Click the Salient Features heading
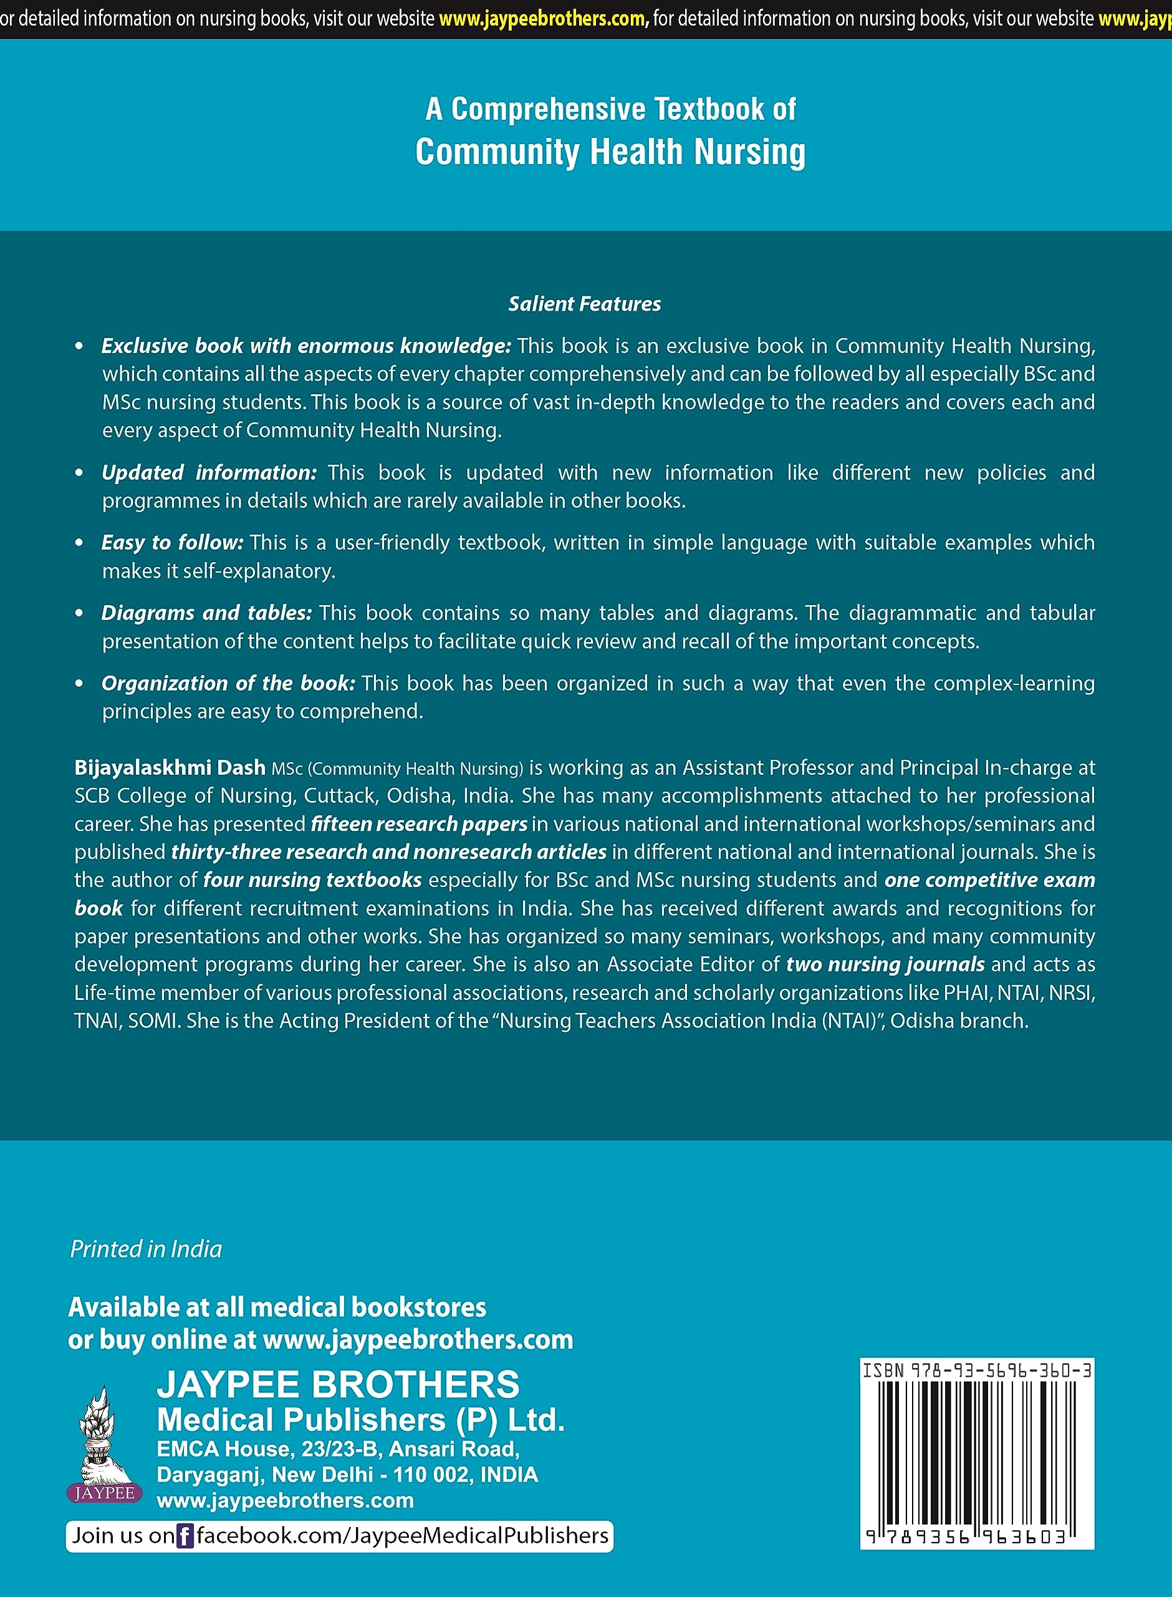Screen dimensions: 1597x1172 point(584,304)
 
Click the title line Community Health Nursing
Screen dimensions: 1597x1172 point(610,152)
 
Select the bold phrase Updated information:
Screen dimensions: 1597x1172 point(209,473)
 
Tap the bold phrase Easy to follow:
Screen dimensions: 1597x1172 point(173,543)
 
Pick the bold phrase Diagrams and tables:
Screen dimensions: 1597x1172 point(206,613)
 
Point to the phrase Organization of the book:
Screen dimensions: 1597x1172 point(228,684)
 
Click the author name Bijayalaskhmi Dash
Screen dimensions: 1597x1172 point(170,768)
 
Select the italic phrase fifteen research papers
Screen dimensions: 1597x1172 point(418,824)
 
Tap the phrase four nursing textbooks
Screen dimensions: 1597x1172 point(312,880)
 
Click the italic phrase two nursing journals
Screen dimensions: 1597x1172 point(885,964)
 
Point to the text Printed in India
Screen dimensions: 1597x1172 point(146,1249)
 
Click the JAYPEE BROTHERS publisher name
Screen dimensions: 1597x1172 point(339,1385)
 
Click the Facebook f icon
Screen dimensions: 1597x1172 point(185,1536)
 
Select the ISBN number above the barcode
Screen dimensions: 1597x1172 point(977,1371)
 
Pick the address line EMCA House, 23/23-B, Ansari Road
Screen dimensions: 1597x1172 point(339,1449)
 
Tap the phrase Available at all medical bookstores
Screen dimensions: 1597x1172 point(277,1308)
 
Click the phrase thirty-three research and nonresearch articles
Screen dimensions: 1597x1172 point(389,852)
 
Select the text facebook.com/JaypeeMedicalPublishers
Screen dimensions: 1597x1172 point(402,1536)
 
